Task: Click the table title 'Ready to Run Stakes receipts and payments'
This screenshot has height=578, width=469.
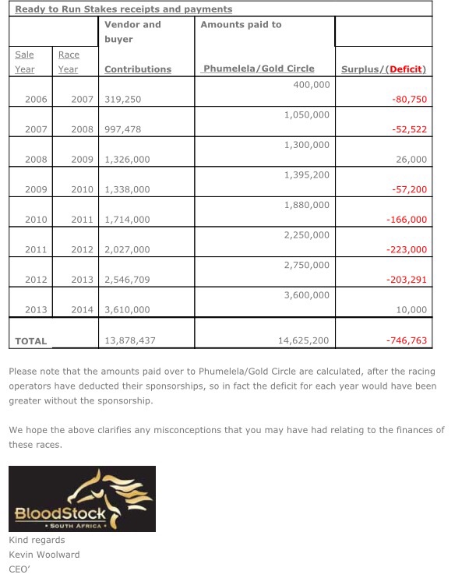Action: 123,9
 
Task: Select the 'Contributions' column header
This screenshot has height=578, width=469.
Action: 138,69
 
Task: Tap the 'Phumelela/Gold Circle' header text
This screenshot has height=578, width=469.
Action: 259,69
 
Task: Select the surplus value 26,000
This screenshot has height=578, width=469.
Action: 413,160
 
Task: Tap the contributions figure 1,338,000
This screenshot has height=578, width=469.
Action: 127,189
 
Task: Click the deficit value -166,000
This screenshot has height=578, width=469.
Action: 407,220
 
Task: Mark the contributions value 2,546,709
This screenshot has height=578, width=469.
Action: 127,280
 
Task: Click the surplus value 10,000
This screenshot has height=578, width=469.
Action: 413,309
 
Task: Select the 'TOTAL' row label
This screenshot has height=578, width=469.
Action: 31,340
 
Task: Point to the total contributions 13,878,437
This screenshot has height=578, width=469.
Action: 130,340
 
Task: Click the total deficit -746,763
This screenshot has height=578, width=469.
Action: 407,340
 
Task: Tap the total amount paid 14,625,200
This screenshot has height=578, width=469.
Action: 303,340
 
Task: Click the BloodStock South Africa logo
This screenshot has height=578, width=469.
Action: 82,499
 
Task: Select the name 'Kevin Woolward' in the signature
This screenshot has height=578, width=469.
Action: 44,554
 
